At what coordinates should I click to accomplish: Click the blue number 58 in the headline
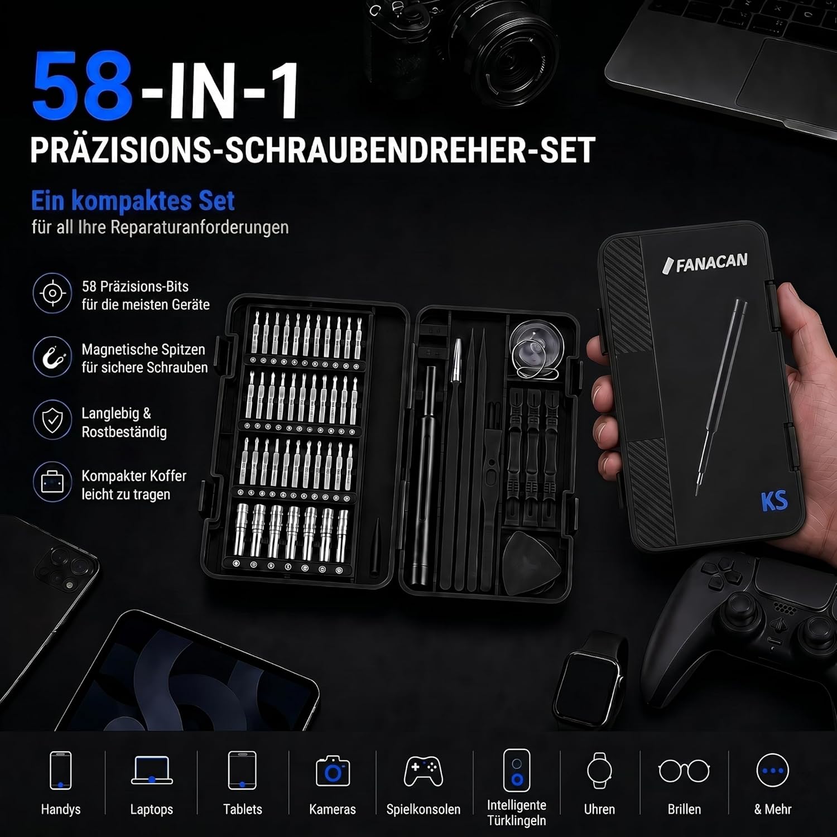point(83,85)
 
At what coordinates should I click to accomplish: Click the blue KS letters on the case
point(774,501)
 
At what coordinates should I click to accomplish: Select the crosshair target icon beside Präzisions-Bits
point(52,293)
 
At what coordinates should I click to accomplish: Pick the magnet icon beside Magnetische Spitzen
point(52,356)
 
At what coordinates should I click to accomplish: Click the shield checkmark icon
point(52,420)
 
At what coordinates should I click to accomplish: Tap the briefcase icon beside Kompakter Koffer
point(52,482)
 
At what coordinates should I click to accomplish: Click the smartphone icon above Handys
point(61,770)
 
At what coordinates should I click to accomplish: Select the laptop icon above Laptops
point(152,770)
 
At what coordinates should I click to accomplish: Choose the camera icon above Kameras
point(333,771)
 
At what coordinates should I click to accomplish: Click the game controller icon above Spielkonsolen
point(424,771)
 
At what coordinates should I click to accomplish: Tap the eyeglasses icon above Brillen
point(684,771)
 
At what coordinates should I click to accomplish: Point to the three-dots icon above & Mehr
point(773,771)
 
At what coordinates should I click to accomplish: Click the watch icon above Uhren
point(599,771)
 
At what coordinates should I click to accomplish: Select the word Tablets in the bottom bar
point(243,809)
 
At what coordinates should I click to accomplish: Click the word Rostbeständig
point(124,432)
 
